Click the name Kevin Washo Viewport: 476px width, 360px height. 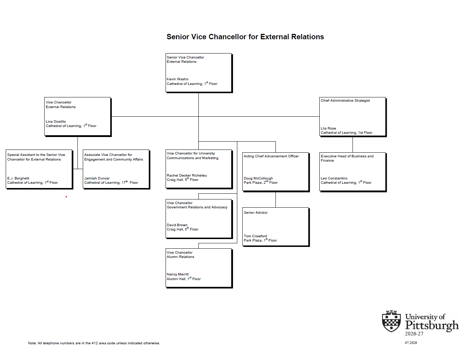(x=177, y=79)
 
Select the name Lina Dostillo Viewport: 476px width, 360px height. (x=56, y=121)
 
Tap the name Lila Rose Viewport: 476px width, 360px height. (x=328, y=128)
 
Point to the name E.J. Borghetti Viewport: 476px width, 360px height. (x=18, y=178)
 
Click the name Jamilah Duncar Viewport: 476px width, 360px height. (x=97, y=178)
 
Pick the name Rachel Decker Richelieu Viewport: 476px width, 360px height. (x=187, y=175)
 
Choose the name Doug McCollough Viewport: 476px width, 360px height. (x=258, y=178)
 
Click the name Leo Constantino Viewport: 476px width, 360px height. (x=334, y=178)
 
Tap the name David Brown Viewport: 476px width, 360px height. (x=177, y=225)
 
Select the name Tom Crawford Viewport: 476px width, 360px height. (x=255, y=236)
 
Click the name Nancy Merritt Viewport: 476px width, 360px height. (x=178, y=274)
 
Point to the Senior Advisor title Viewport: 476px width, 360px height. (x=256, y=212)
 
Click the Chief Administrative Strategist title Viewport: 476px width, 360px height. (x=345, y=101)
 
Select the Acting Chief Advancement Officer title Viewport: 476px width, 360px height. (x=271, y=156)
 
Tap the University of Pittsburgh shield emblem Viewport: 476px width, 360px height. (x=391, y=321)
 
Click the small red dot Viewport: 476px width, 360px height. (x=66, y=197)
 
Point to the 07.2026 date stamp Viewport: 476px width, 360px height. (x=411, y=343)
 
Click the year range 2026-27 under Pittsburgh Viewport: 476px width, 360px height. (x=414, y=334)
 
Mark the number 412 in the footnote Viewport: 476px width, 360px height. (x=95, y=343)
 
